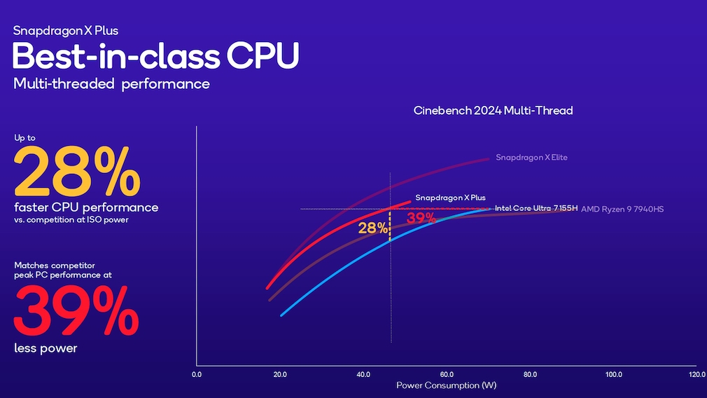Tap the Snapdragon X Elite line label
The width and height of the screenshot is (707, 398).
[x=531, y=158]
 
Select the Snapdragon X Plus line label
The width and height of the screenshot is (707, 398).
[x=450, y=198]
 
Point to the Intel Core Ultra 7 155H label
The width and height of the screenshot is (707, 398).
[x=536, y=209]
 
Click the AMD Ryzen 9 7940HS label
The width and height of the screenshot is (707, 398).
[x=622, y=210]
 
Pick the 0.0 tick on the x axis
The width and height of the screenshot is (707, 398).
[x=197, y=374]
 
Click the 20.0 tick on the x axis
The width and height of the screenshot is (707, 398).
[x=280, y=374]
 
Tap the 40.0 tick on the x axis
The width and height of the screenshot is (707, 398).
[x=363, y=374]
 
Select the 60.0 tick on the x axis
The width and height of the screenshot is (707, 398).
[x=447, y=374]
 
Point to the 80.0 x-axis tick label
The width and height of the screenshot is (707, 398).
[x=530, y=374]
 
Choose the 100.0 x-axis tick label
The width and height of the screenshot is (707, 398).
[x=613, y=374]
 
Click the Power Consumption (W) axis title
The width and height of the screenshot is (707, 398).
[x=447, y=385]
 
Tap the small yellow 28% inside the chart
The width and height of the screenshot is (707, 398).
[x=372, y=228]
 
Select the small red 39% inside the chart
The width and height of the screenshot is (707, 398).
[x=421, y=219]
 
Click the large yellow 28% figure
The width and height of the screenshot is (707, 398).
[x=77, y=172]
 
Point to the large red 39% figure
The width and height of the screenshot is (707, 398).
[x=77, y=310]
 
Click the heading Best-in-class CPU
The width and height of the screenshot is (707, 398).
[x=155, y=55]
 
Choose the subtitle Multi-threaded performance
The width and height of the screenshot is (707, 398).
[x=111, y=84]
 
